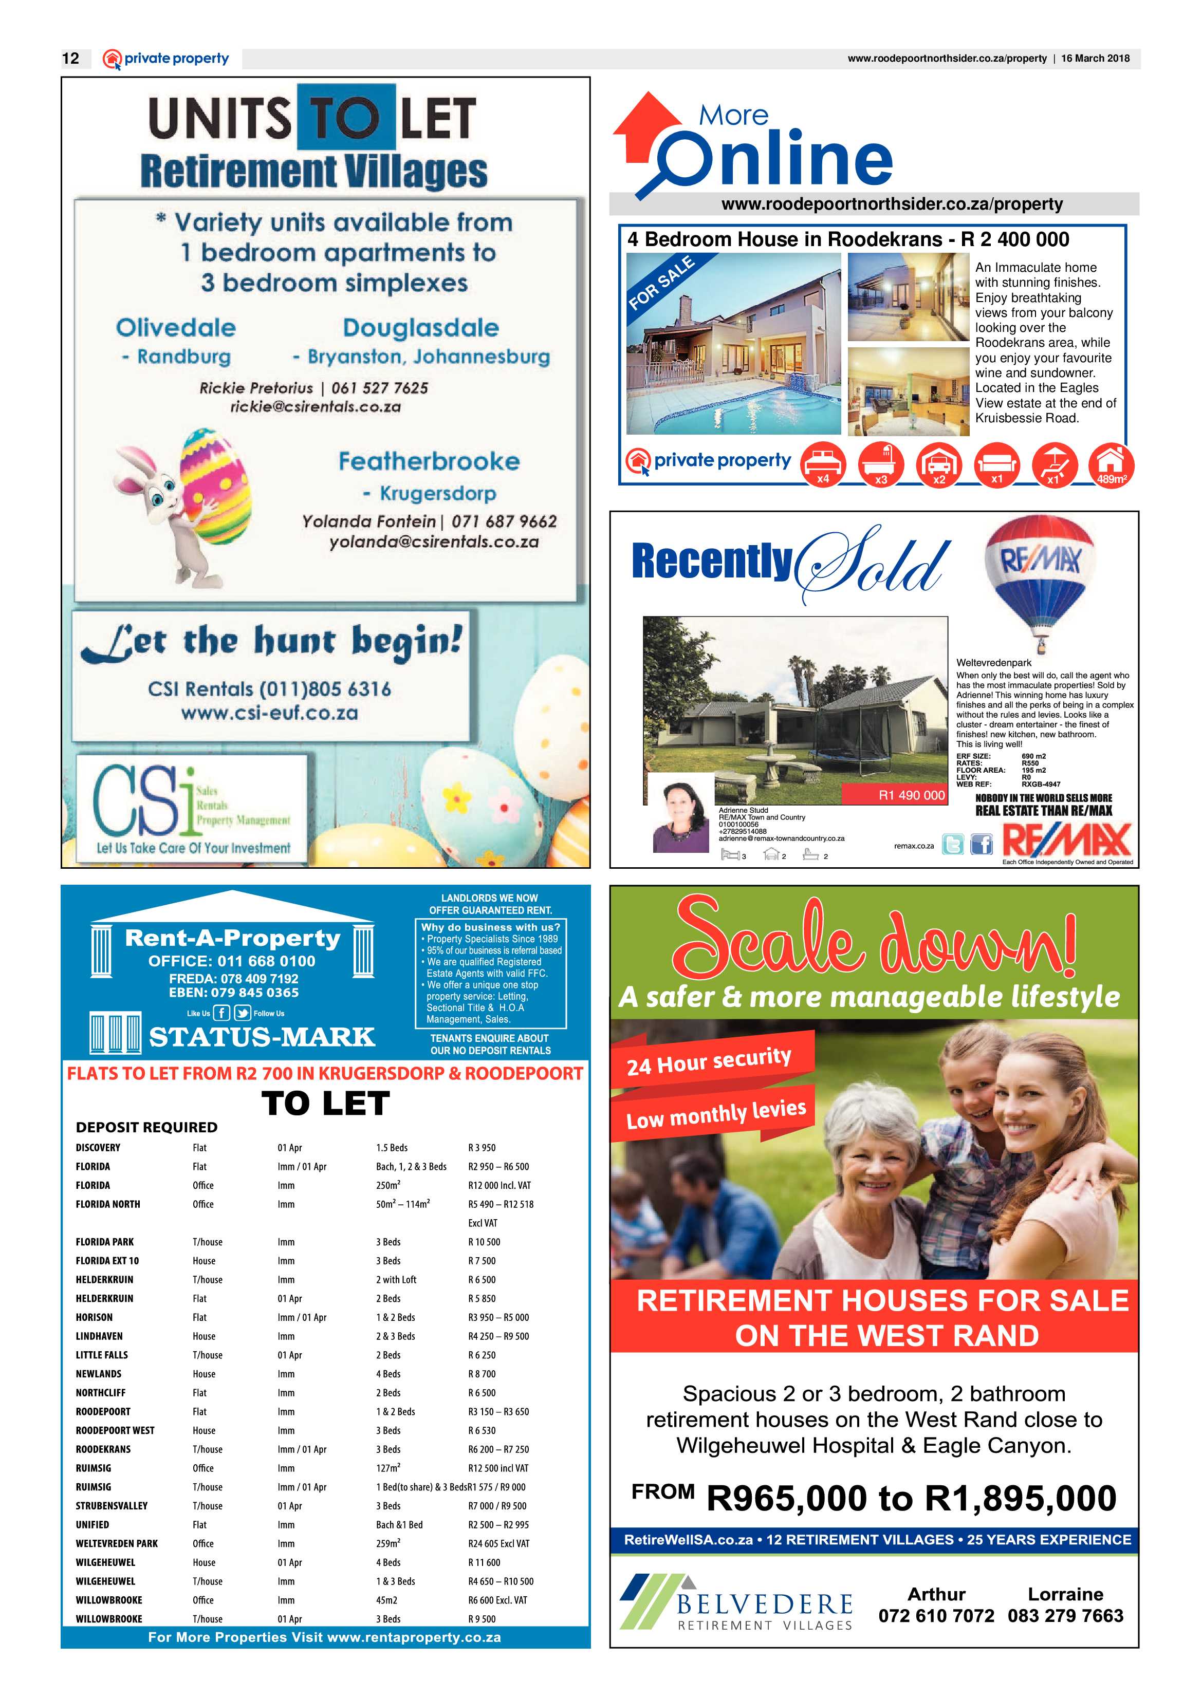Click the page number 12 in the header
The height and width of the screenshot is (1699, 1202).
pos(71,59)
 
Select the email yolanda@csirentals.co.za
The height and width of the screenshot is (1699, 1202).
pos(434,542)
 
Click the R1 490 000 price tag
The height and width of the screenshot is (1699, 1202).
pos(911,795)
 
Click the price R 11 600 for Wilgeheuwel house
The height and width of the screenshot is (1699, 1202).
pos(484,1562)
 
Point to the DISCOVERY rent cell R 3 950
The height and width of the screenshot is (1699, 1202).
pos(482,1148)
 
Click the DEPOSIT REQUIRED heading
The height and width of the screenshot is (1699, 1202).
pos(146,1127)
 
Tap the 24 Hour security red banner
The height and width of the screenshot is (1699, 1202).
pos(711,1060)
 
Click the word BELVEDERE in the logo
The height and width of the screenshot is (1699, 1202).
pos(765,1604)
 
